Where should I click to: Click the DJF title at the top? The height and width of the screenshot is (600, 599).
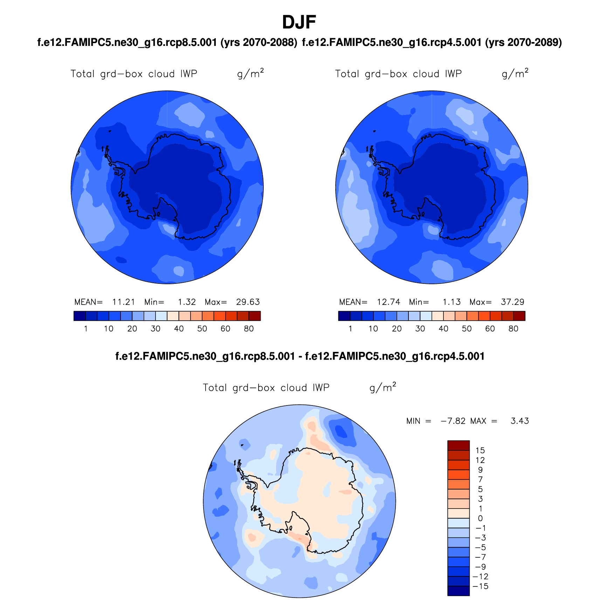click(x=299, y=22)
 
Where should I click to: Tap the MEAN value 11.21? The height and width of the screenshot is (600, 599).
click(x=123, y=302)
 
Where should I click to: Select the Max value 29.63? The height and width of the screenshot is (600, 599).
click(x=248, y=302)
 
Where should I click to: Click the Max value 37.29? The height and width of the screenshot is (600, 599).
click(x=512, y=302)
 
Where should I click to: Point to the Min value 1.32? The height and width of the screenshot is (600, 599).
click(x=187, y=302)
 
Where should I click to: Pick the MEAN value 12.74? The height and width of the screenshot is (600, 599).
click(x=388, y=302)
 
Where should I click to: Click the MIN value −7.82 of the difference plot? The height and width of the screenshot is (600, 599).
click(x=453, y=421)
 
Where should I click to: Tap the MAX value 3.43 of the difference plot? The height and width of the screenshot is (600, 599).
click(x=519, y=421)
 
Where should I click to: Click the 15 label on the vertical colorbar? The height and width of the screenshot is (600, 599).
click(x=480, y=450)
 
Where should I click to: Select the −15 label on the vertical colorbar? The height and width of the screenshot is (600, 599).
click(x=480, y=586)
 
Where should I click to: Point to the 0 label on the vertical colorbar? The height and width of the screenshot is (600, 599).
click(x=480, y=518)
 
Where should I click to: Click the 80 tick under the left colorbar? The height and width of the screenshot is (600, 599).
click(x=249, y=329)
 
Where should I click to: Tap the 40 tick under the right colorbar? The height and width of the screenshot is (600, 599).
click(x=443, y=329)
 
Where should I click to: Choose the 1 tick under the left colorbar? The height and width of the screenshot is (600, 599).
click(x=85, y=329)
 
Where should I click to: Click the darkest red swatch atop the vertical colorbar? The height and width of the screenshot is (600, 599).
click(x=458, y=445)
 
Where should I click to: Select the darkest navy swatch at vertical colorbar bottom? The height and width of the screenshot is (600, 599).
click(x=458, y=591)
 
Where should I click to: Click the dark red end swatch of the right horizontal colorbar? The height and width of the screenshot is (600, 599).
click(x=519, y=316)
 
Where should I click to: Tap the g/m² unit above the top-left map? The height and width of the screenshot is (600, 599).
click(x=250, y=74)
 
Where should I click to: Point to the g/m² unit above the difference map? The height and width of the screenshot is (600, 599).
click(x=383, y=387)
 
